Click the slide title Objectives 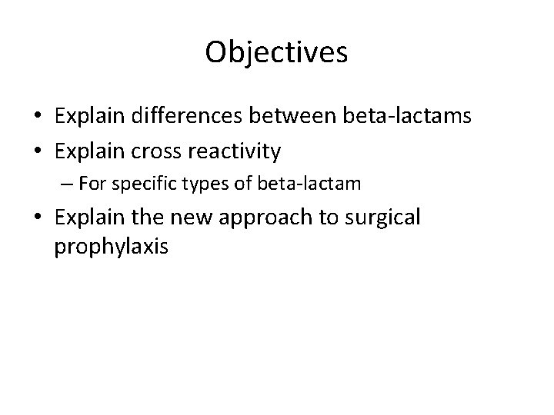[277, 52]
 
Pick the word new [195, 217]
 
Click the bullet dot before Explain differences [37, 117]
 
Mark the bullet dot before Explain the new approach [37, 218]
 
